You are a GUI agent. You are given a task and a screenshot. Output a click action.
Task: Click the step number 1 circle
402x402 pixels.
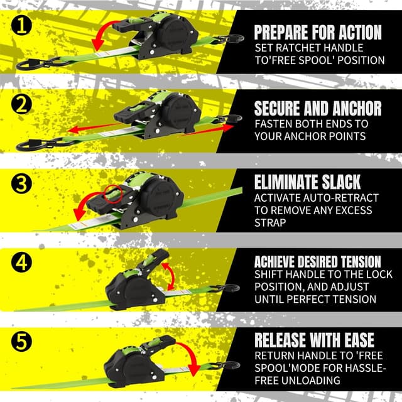[x=21, y=26]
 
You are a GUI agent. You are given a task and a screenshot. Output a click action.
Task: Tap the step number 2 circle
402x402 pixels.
[x=21, y=105]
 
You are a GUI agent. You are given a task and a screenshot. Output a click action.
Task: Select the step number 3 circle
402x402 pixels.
[x=21, y=183]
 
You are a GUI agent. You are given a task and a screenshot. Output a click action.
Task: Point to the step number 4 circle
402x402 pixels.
[x=21, y=263]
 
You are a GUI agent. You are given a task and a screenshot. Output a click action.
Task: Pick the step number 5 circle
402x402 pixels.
[x=21, y=342]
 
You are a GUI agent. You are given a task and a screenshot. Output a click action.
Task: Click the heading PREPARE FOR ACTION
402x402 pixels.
[x=318, y=32]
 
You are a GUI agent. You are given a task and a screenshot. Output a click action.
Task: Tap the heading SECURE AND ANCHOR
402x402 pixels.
[x=318, y=108]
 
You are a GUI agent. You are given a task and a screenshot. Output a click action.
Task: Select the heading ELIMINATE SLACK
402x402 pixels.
[x=307, y=182]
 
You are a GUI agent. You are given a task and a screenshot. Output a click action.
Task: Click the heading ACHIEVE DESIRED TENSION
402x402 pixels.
[x=318, y=262]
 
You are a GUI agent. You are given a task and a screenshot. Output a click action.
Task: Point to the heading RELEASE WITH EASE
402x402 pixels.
[x=314, y=340]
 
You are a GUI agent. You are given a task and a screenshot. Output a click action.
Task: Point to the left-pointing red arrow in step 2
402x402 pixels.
[x=94, y=128]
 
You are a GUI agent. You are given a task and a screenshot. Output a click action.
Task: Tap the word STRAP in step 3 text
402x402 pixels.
[x=270, y=222]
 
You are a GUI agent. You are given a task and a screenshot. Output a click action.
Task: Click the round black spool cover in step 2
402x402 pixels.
[x=181, y=111]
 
